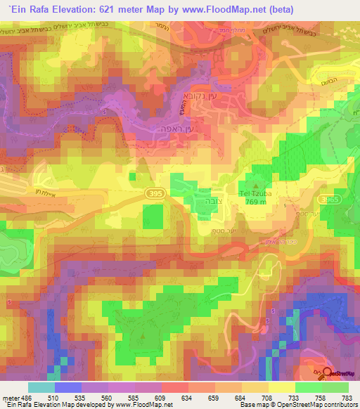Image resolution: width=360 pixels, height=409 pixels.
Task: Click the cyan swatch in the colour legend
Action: [x=41, y=387]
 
